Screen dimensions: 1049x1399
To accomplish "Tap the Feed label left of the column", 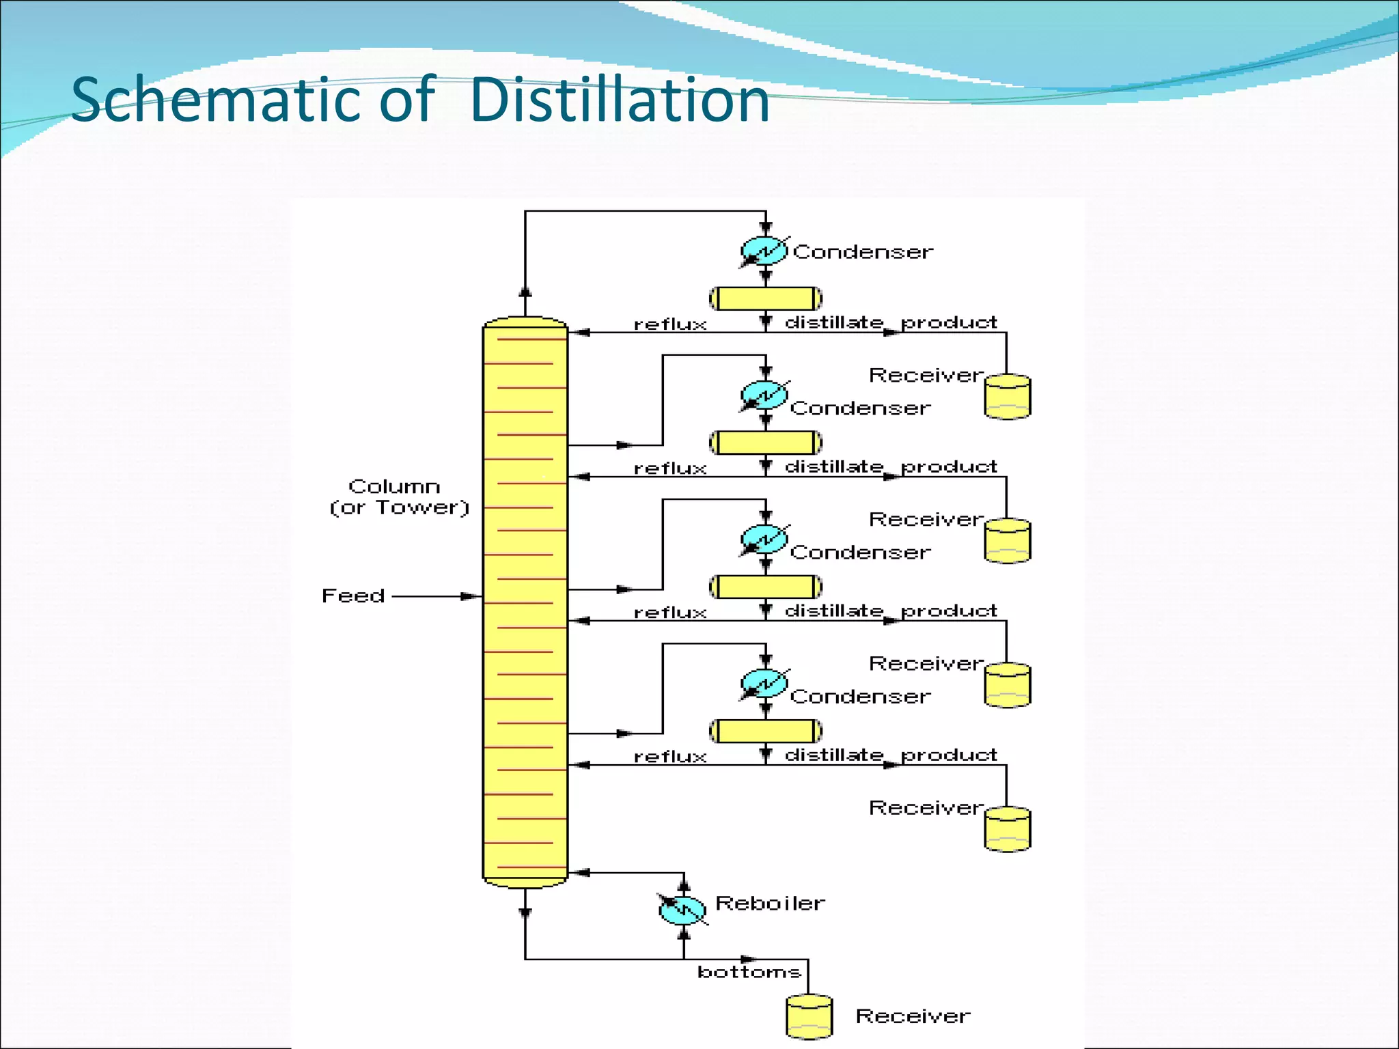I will click(353, 596).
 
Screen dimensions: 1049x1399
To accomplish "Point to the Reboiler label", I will click(770, 904).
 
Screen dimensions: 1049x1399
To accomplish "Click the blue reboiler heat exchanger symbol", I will click(682, 909).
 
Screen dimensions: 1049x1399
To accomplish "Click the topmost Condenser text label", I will click(863, 252).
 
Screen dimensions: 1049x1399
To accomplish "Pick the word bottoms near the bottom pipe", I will click(749, 972).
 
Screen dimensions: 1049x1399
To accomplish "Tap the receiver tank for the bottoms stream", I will click(809, 1016).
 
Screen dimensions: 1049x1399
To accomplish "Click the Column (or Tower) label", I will click(400, 496).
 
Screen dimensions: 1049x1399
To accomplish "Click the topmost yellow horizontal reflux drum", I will click(766, 298).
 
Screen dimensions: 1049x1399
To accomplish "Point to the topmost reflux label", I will click(670, 324).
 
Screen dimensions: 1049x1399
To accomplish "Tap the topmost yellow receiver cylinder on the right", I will click(1008, 396).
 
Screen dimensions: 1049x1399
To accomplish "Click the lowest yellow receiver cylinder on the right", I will click(1008, 829).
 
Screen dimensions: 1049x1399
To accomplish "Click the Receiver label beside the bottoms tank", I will click(913, 1016).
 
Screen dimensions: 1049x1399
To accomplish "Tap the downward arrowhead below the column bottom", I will click(525, 912).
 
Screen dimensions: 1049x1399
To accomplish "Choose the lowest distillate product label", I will click(891, 755).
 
